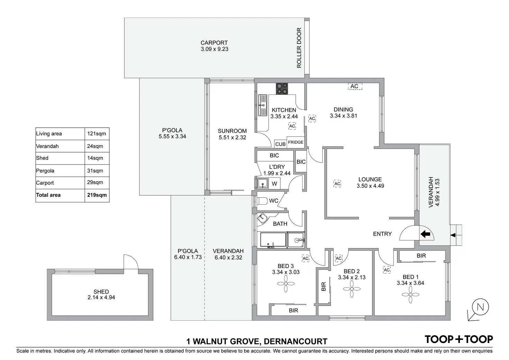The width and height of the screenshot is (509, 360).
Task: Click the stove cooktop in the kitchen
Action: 282,88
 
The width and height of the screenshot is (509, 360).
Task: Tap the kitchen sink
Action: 263,105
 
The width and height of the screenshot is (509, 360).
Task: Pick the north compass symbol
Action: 480,307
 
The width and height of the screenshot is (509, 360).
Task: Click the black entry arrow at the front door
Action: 425,234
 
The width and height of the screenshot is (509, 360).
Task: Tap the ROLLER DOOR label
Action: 299,48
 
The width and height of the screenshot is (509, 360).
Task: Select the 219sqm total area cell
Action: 97,195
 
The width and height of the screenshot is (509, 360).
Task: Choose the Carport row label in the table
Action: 45,183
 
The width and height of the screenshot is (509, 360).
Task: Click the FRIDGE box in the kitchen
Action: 296,142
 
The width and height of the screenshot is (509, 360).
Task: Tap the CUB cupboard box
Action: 280,144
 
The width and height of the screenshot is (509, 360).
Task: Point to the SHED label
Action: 101,292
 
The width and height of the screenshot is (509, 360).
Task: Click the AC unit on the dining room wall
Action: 354,86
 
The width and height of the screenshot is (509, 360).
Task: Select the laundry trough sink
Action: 263,183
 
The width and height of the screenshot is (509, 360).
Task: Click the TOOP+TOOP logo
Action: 459,339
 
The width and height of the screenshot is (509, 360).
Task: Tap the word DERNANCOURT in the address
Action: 295,342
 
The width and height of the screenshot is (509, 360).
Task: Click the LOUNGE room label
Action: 370,179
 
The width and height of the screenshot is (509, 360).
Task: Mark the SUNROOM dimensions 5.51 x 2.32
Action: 232,137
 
